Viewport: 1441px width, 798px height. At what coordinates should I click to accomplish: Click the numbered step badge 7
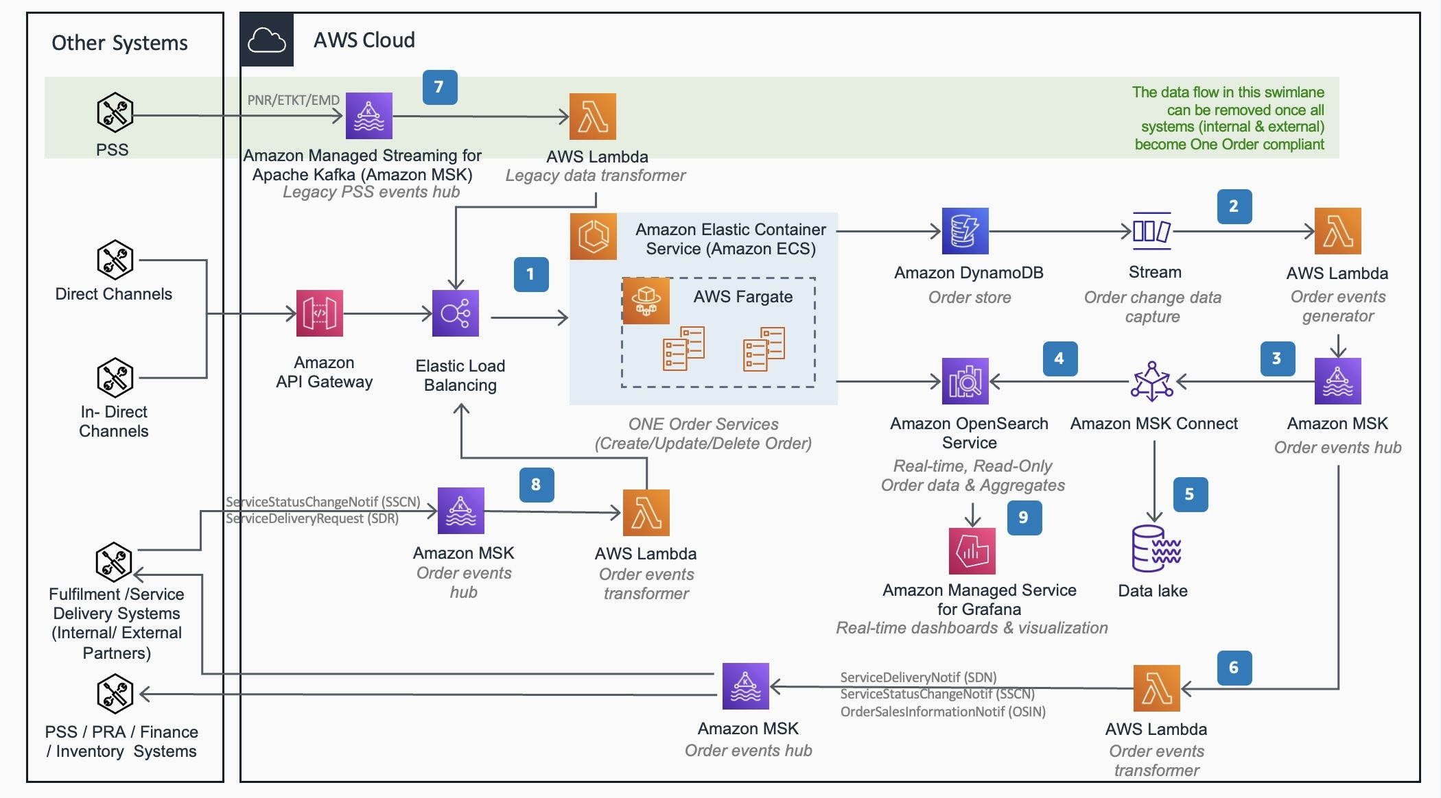point(440,87)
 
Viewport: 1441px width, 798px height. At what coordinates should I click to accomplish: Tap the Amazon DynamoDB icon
point(965,231)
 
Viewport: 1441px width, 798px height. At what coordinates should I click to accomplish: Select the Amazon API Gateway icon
point(319,313)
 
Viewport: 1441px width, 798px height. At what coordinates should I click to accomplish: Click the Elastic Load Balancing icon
point(456,313)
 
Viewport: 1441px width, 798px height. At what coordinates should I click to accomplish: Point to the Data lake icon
point(1156,548)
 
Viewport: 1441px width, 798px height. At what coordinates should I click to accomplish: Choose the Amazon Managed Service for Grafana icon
point(972,551)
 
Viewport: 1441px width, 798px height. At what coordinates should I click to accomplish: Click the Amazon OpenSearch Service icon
point(965,381)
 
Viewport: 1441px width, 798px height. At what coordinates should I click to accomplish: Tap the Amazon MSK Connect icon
point(1152,381)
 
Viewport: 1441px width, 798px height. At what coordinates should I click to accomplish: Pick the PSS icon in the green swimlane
point(115,112)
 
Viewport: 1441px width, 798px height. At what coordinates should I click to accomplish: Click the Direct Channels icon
point(115,260)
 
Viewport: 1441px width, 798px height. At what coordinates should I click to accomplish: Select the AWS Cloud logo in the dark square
point(267,40)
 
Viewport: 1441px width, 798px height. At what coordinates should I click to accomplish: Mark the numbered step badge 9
point(1024,518)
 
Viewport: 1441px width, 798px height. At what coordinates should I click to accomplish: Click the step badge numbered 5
point(1190,494)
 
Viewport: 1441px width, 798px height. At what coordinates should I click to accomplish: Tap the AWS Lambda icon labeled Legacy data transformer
point(593,117)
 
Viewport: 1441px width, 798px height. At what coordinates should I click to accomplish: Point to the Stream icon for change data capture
point(1152,231)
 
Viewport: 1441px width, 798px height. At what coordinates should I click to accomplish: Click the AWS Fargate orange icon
point(646,300)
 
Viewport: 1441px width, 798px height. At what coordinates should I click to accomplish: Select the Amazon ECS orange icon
point(594,237)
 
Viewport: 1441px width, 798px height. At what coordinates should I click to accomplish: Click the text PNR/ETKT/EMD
point(293,100)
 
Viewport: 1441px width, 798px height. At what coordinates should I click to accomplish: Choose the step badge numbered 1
point(531,274)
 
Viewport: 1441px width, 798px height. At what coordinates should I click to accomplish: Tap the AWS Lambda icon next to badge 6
point(1156,688)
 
